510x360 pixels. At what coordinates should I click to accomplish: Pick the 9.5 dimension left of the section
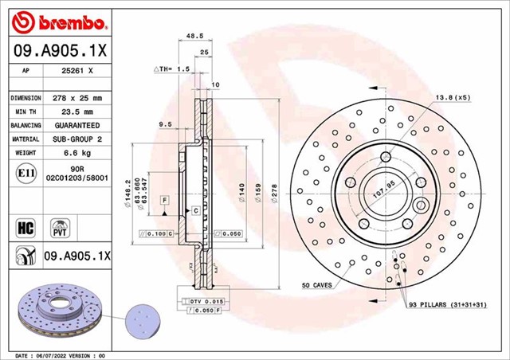(x=166, y=124)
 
